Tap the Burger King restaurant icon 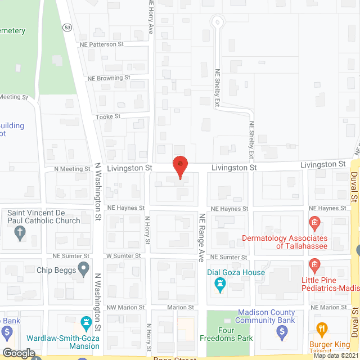[x=322, y=328]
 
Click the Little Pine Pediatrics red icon [x=314, y=280]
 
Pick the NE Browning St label [x=109, y=78]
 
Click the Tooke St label [x=110, y=116]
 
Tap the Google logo [x=19, y=353]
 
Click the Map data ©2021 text [x=335, y=355]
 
